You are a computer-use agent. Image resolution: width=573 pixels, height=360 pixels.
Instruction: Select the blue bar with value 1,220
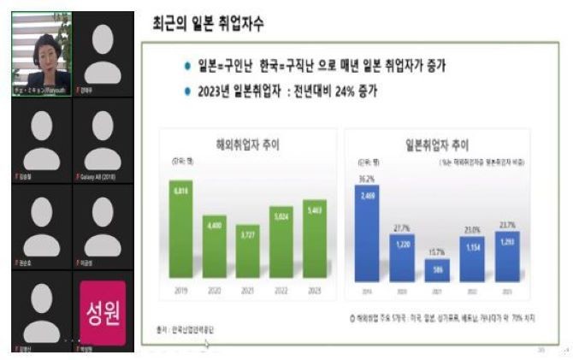tap(402, 257)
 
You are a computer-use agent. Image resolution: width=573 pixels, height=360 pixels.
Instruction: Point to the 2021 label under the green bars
tap(247, 290)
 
